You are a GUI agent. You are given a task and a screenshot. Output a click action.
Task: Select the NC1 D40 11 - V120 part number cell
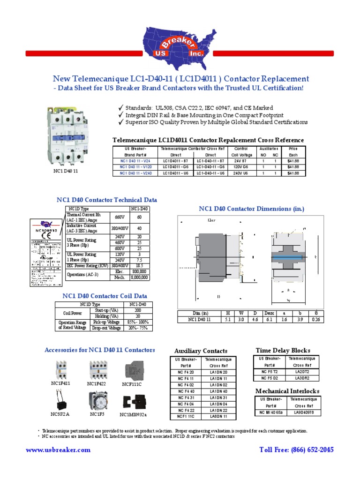tap(136, 166)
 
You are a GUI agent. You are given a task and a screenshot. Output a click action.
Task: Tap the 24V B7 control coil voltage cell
tap(242, 160)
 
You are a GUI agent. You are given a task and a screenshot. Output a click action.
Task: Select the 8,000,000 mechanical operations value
tap(139, 277)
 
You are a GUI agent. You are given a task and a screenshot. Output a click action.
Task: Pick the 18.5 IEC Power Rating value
tap(139, 265)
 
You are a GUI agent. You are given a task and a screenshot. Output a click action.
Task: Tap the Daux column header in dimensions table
tap(269, 313)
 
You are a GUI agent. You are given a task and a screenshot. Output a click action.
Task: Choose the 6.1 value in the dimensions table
tap(269, 320)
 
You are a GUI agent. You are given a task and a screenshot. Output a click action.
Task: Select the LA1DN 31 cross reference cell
tap(219, 397)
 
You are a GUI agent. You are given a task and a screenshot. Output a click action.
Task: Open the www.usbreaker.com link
tap(58, 450)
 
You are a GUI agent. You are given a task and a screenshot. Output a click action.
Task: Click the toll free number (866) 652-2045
tap(296, 450)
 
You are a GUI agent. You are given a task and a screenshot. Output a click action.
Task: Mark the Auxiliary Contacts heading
tap(201, 351)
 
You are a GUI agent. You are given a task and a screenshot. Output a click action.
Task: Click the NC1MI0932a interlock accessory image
tap(133, 402)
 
